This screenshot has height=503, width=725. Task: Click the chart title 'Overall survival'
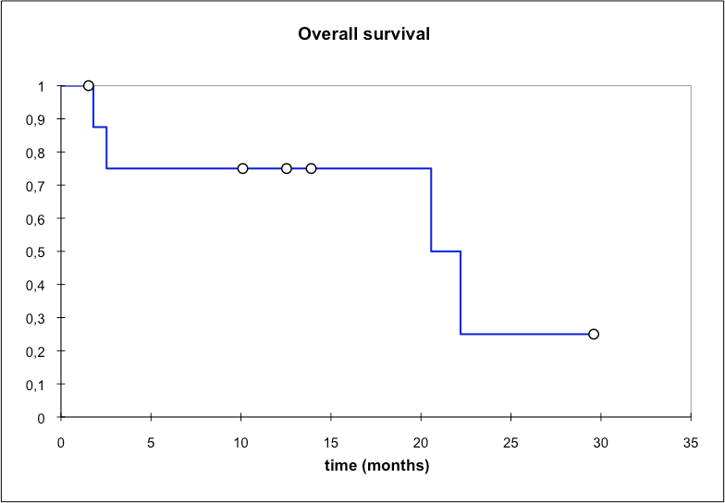[364, 33]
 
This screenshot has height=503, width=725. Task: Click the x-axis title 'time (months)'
[377, 466]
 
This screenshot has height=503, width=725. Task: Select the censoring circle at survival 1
[89, 85]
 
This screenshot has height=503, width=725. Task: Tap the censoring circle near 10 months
[242, 168]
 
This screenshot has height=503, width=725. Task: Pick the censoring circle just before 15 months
[311, 168]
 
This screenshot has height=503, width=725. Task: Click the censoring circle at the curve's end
[594, 334]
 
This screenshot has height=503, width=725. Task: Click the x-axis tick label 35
[690, 443]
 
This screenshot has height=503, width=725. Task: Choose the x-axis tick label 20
[421, 443]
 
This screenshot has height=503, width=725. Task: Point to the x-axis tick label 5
[152, 443]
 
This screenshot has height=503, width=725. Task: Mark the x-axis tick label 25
[510, 443]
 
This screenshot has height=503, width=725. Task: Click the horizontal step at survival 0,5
[446, 251]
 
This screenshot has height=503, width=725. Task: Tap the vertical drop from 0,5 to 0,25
[461, 292]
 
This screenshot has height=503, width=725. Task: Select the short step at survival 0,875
[100, 127]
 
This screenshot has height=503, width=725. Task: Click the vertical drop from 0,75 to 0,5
[431, 210]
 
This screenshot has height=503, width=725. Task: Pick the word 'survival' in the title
[396, 33]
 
